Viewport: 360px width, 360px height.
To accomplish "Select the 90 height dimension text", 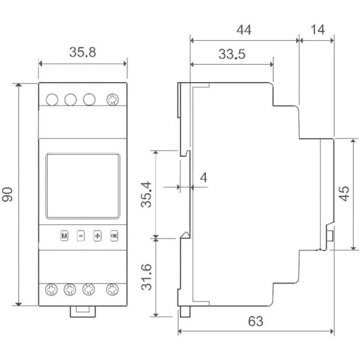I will coord(8,195).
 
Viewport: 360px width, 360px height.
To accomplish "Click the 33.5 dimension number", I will coord(231,53).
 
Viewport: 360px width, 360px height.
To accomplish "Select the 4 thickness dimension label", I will coord(202,179).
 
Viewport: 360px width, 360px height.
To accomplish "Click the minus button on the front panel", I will coord(80,236).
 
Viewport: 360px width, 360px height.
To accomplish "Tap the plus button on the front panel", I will coord(97,236).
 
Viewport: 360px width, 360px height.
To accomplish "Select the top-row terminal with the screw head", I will coord(111,100).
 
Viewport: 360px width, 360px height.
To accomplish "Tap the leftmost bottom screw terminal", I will coord(51,289).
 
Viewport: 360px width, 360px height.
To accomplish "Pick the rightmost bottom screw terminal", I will coord(111,289).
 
